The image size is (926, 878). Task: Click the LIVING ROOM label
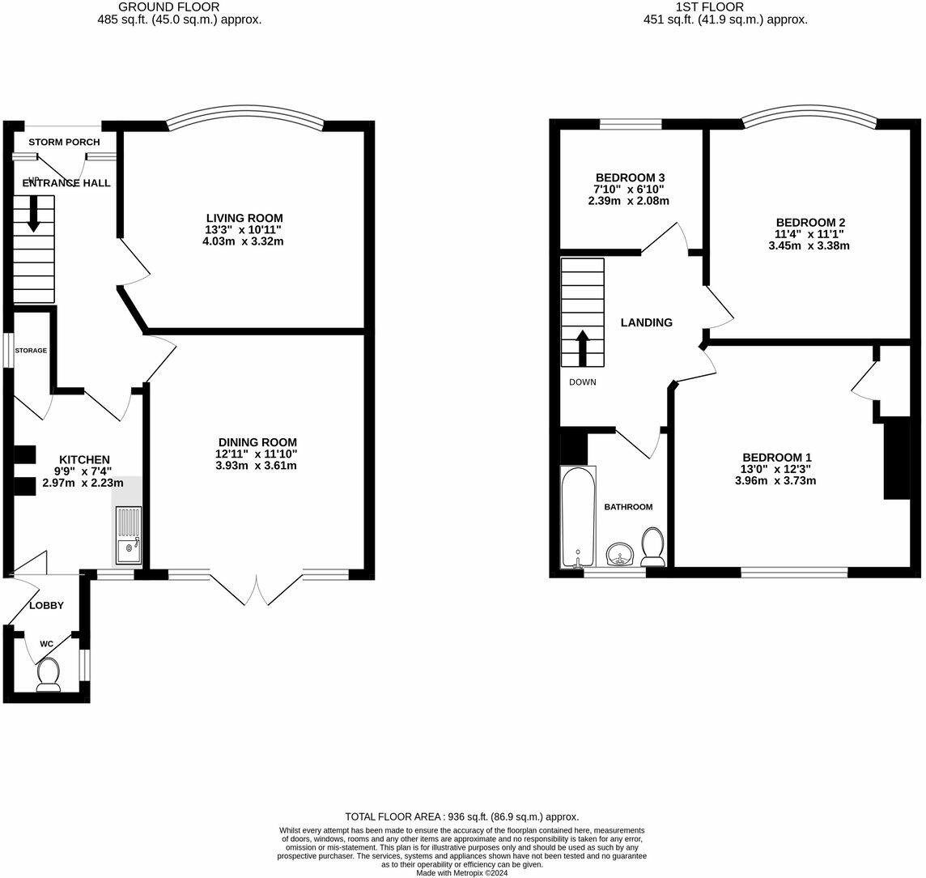coord(244,218)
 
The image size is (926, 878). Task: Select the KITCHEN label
coord(83,459)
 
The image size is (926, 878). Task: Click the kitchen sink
coord(128,535)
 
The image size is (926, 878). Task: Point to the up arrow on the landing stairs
coord(582,347)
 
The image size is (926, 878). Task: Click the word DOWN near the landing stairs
coord(582,382)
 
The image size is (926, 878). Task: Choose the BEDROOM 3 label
coord(630,177)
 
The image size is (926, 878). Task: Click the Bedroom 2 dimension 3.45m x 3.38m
coord(809,245)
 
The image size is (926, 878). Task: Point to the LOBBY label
coord(46,605)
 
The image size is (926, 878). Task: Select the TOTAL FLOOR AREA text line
coord(461,816)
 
